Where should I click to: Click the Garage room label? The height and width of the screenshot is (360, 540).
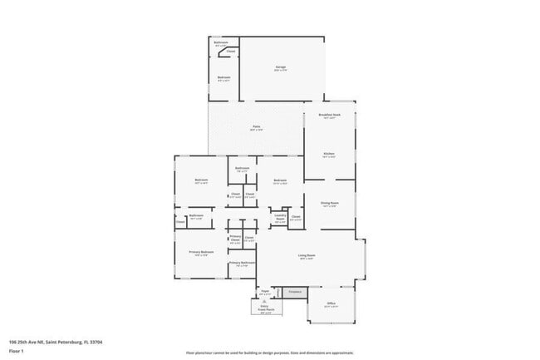tap(282, 67)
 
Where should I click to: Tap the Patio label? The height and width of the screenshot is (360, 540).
tap(257, 127)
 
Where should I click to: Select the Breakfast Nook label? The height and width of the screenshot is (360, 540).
tap(329, 116)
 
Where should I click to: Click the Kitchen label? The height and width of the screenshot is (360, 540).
tap(329, 155)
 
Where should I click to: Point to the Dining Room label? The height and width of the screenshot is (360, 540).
tap(329, 203)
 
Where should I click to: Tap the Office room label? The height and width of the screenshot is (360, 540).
tap(330, 305)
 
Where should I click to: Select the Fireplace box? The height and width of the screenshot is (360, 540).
tap(294, 292)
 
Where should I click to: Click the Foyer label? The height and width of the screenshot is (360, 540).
tap(264, 293)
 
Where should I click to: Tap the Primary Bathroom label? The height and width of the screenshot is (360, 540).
tap(241, 264)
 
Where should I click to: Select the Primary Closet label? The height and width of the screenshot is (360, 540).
tap(235, 239)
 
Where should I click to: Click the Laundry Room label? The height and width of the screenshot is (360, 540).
tap(280, 218)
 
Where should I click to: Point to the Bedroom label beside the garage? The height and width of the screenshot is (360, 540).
tap(223, 79)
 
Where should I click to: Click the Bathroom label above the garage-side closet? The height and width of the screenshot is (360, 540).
tap(221, 42)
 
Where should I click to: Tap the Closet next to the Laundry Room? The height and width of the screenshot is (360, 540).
tap(296, 218)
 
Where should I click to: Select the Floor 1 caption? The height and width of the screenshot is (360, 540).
tap(17, 350)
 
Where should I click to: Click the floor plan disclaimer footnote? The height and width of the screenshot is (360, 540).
tap(271, 353)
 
